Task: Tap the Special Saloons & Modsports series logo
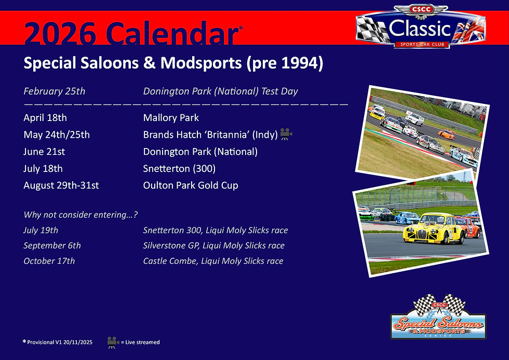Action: (438, 318)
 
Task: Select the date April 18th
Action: (45, 118)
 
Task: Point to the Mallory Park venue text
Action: (171, 118)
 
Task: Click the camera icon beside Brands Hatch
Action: (286, 134)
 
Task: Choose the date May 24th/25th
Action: (57, 135)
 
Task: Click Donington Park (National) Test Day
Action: (220, 91)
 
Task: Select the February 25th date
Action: (54, 91)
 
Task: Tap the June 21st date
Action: (44, 152)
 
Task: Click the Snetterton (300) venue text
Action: (179, 169)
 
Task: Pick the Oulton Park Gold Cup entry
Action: (191, 185)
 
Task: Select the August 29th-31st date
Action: (61, 185)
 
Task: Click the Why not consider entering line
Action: (81, 215)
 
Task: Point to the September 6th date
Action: (52, 246)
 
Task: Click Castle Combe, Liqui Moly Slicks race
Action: (213, 261)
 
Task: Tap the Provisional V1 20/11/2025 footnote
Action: (59, 342)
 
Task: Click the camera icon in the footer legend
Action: (113, 342)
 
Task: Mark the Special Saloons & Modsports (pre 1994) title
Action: (173, 63)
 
